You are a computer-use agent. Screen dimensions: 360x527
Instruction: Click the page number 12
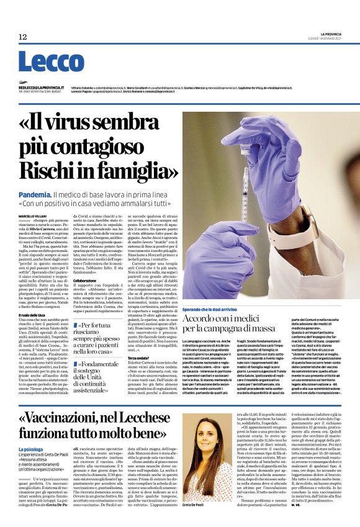pos(23,37)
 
